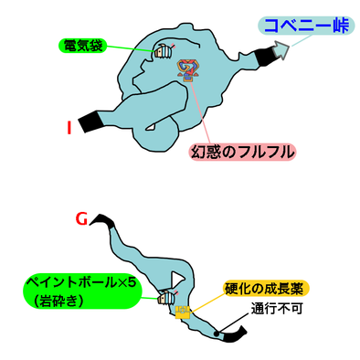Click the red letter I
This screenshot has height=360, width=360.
click(x=69, y=127)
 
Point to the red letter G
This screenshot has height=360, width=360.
click(x=82, y=220)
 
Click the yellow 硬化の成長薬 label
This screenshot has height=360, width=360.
click(x=266, y=290)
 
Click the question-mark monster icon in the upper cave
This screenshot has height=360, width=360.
click(x=190, y=69)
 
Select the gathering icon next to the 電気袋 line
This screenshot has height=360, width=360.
click(x=164, y=51)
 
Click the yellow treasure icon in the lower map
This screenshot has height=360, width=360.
click(x=184, y=314)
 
